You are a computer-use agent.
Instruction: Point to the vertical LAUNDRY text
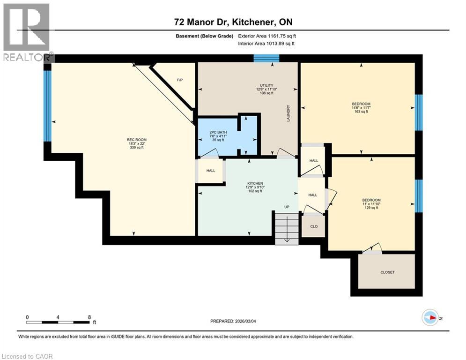[288, 114]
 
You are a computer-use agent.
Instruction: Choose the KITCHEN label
[255, 183]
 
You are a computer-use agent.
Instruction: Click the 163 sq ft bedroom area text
[361, 112]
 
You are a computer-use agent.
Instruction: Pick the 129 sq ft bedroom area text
[371, 208]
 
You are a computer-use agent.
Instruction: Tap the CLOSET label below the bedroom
[387, 272]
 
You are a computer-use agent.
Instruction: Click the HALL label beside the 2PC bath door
[211, 171]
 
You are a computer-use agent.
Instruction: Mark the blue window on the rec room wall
[47, 105]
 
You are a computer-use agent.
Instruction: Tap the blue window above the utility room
[266, 58]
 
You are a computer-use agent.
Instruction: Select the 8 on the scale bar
[89, 317]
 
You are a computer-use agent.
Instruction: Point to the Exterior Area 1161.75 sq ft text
[267, 36]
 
